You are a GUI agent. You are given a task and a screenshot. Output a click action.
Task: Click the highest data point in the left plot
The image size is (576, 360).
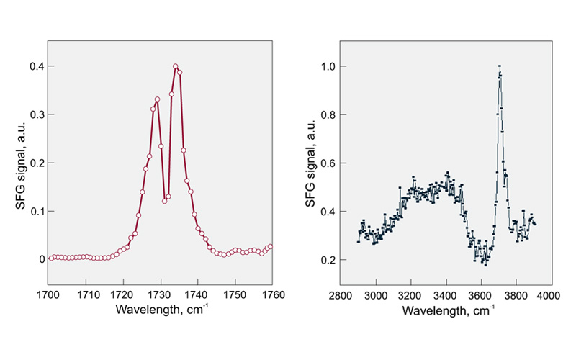pyautogui.click(x=175, y=66)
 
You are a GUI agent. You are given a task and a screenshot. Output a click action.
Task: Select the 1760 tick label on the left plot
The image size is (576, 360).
pyautogui.click(x=273, y=296)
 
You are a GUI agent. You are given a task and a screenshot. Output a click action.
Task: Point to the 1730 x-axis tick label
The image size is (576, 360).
pyautogui.click(x=161, y=296)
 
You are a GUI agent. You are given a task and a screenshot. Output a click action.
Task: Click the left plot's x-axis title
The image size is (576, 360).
pyautogui.click(x=161, y=311)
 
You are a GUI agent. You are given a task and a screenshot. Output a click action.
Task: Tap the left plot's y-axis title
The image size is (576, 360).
pyautogui.click(x=20, y=163)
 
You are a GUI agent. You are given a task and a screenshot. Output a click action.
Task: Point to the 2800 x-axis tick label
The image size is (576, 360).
pyautogui.click(x=341, y=296)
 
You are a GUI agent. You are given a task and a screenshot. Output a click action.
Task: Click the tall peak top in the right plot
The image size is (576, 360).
pyautogui.click(x=500, y=67)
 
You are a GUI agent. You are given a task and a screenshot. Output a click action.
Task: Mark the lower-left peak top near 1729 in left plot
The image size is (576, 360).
pyautogui.click(x=157, y=99)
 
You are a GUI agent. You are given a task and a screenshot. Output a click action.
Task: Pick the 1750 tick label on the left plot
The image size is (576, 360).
pyautogui.click(x=235, y=296)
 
